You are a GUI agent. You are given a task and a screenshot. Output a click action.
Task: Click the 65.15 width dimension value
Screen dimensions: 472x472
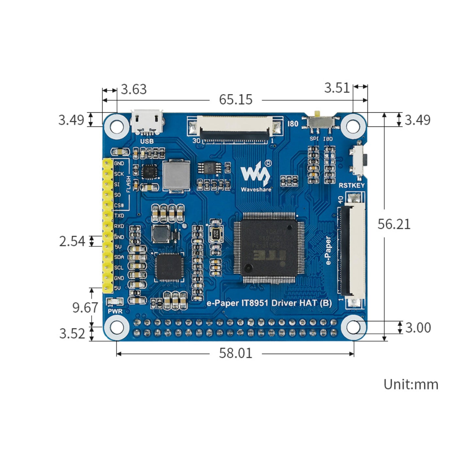coord(236,100)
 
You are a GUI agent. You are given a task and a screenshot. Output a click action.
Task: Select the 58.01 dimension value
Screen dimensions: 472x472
coord(236,353)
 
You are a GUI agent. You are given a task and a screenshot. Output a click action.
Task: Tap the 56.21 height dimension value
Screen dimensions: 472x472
coord(394,224)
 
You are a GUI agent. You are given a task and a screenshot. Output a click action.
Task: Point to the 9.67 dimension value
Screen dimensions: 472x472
coord(85,308)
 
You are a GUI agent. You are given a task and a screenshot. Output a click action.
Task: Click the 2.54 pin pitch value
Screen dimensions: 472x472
coord(72,241)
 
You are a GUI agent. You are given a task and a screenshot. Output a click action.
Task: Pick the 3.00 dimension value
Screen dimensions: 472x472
coord(418,328)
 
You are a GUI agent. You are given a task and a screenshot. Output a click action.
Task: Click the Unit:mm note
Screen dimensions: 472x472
coord(411,384)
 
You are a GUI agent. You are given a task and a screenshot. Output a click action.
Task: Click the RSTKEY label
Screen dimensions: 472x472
coord(351,185)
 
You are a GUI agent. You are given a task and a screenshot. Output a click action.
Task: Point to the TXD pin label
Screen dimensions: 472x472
coord(119,216)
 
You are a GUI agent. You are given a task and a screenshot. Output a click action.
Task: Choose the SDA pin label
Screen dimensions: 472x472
coord(119,257)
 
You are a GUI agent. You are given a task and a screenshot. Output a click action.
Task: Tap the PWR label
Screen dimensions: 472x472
coord(115,311)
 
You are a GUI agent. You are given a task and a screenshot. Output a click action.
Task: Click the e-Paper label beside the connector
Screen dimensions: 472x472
coord(328,250)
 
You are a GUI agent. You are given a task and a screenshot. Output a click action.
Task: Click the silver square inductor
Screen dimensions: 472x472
coord(176,175)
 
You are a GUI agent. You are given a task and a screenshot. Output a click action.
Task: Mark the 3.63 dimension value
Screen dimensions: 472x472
coord(134,89)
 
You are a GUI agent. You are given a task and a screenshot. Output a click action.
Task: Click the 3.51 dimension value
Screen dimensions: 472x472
coord(337,88)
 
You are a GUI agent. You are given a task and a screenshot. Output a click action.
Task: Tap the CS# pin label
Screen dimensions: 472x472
coord(119,205)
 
